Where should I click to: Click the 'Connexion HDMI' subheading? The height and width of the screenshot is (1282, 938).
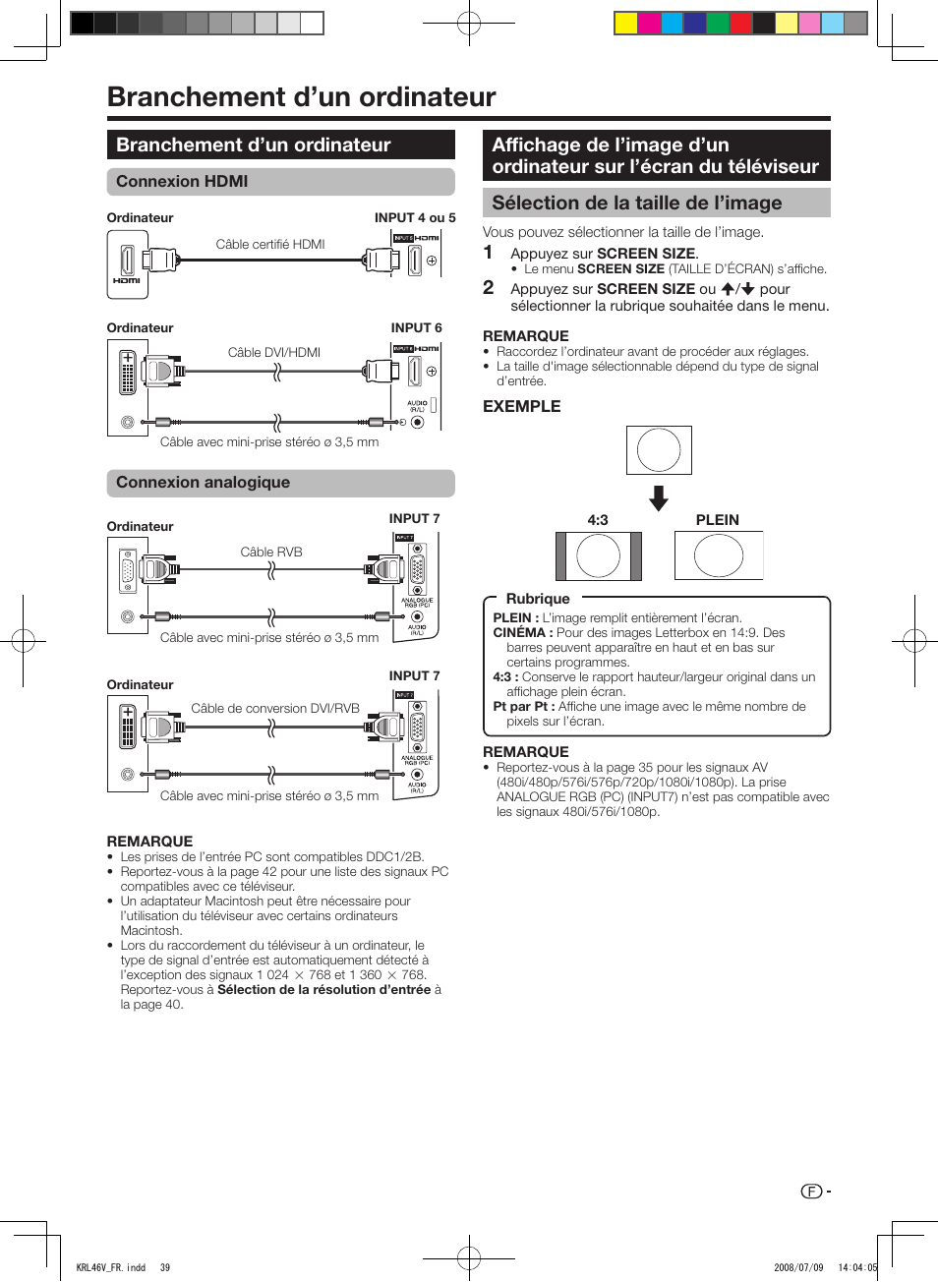tap(182, 182)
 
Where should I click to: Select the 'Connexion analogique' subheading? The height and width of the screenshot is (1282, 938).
tap(203, 483)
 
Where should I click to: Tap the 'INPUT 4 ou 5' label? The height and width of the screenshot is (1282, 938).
tap(415, 218)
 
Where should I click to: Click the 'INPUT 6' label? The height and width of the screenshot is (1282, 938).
tap(417, 328)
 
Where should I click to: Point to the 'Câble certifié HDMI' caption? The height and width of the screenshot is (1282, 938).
tap(270, 245)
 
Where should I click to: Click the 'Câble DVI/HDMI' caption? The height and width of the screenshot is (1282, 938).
tap(274, 353)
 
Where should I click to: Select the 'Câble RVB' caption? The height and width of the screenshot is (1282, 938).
tap(271, 553)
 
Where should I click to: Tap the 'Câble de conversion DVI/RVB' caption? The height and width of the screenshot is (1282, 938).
tap(275, 709)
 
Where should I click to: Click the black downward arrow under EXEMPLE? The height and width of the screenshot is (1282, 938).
tap(659, 498)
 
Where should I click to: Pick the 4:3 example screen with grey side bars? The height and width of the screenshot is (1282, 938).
tap(598, 556)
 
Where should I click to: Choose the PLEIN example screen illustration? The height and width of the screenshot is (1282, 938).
tap(719, 556)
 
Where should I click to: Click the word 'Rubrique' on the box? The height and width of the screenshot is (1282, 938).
tap(538, 599)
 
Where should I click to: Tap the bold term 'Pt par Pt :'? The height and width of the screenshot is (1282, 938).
tap(524, 707)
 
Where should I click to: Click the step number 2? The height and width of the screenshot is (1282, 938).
tap(489, 288)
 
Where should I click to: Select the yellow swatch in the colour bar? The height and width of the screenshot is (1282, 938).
tap(625, 24)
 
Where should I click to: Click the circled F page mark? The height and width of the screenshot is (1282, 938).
tap(811, 1192)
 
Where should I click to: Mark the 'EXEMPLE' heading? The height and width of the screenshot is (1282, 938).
tap(522, 407)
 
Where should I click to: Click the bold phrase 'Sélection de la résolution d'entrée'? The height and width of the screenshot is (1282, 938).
tap(323, 990)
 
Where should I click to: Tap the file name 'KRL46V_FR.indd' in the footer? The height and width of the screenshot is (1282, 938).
tap(111, 1267)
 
